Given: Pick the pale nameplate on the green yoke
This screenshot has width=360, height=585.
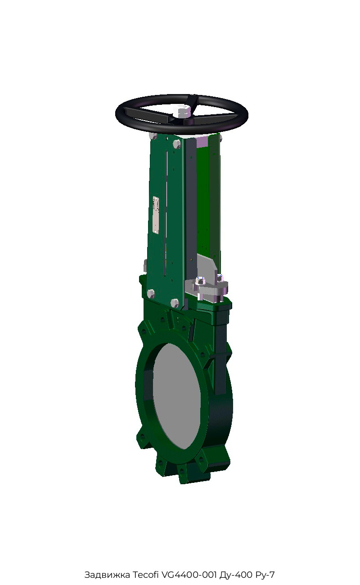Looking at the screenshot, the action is tap(156, 214).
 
